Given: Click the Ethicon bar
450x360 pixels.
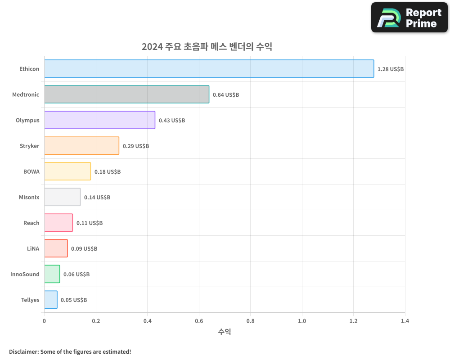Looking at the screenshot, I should (209, 69).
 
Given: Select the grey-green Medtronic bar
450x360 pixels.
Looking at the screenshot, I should (126, 94).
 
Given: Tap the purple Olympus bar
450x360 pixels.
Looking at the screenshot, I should (99, 120).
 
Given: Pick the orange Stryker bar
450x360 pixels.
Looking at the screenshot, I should (81, 146).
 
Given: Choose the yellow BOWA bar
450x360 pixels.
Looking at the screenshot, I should (67, 171).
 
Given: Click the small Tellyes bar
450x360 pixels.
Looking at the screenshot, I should (51, 300).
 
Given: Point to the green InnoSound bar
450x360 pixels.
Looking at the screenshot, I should (52, 274).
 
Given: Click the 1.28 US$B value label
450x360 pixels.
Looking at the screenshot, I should (391, 69).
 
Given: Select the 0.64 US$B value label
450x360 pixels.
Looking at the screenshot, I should (226, 95).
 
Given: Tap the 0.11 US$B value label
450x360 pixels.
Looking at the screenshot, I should (90, 223).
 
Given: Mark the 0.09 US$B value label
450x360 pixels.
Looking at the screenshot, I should (84, 249).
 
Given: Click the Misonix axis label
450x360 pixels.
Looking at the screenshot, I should (29, 197).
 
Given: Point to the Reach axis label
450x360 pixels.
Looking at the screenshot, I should (31, 223).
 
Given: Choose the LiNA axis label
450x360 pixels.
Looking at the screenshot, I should (33, 248).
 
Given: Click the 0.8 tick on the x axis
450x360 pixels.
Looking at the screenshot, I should (250, 321).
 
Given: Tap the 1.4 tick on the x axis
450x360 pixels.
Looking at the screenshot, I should (405, 321).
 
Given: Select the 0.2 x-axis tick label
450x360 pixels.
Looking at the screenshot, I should (96, 321).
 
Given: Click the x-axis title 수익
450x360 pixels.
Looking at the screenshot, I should (225, 332).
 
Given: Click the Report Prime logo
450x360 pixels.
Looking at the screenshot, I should (409, 18).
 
